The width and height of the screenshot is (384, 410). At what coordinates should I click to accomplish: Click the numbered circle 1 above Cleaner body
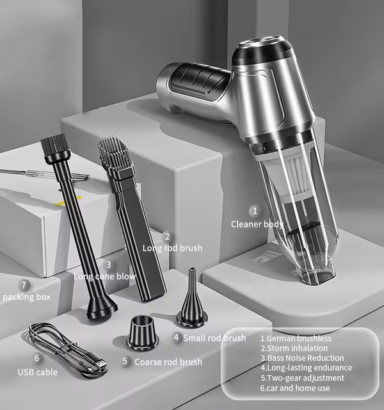pos(255,211)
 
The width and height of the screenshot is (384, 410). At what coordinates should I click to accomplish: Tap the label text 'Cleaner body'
pos(257,224)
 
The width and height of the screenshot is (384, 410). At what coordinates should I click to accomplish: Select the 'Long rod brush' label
pos(172,248)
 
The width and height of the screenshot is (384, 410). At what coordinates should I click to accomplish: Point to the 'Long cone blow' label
pos(104,276)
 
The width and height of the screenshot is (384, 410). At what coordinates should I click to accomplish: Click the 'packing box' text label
pos(27,297)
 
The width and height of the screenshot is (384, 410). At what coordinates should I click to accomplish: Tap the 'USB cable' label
pos(38,372)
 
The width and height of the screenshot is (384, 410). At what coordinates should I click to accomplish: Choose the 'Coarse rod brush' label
pos(168,362)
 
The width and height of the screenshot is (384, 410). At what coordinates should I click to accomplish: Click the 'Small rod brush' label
pos(214,338)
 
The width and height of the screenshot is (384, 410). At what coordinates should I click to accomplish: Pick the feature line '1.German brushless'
pos(296,338)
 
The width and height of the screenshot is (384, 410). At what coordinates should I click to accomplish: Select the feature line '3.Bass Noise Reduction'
pos(302,357)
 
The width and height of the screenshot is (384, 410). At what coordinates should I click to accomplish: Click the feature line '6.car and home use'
pos(295,388)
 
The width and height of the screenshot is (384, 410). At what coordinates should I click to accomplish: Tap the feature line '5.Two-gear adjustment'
pos(302,378)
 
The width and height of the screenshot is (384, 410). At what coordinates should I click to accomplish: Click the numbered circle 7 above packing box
pos(24,285)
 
